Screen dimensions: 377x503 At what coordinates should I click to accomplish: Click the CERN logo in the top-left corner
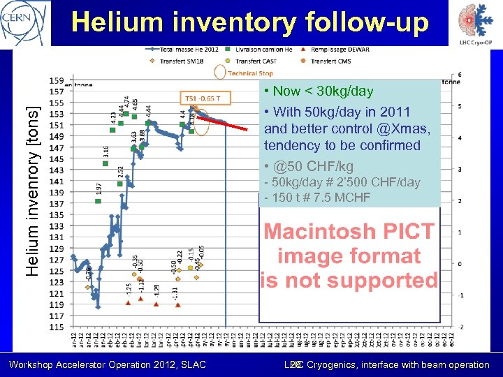click(x=25, y=22)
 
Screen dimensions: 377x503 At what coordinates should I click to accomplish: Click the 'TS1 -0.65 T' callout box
click(x=204, y=98)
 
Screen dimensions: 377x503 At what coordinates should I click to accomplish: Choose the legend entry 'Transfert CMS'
click(x=328, y=61)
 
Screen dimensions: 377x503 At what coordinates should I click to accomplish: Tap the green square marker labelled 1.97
click(x=98, y=201)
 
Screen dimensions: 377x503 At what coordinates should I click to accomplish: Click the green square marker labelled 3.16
click(x=105, y=164)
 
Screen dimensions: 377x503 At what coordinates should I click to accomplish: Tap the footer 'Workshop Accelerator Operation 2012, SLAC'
click(x=107, y=364)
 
